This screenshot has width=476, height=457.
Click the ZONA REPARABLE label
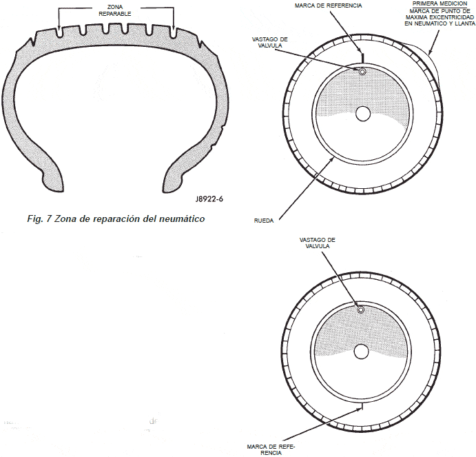click(x=115, y=10)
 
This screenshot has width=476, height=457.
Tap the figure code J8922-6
click(x=209, y=199)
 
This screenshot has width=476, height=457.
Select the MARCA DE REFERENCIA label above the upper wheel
click(x=328, y=6)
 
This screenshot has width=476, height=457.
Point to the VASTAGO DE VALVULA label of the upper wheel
click(x=270, y=42)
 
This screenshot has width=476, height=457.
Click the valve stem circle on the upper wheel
click(x=362, y=72)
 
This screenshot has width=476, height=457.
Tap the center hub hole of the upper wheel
click(x=363, y=114)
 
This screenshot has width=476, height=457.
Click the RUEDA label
click(x=264, y=221)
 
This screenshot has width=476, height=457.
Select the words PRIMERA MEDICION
click(x=439, y=3)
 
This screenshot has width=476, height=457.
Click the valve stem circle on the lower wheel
click(x=361, y=309)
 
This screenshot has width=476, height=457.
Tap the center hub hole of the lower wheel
click(x=361, y=352)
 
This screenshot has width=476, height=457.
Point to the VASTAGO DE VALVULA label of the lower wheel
click(x=318, y=243)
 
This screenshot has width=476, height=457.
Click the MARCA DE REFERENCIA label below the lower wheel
click(x=271, y=449)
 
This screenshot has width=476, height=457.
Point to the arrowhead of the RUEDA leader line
click(x=333, y=160)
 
